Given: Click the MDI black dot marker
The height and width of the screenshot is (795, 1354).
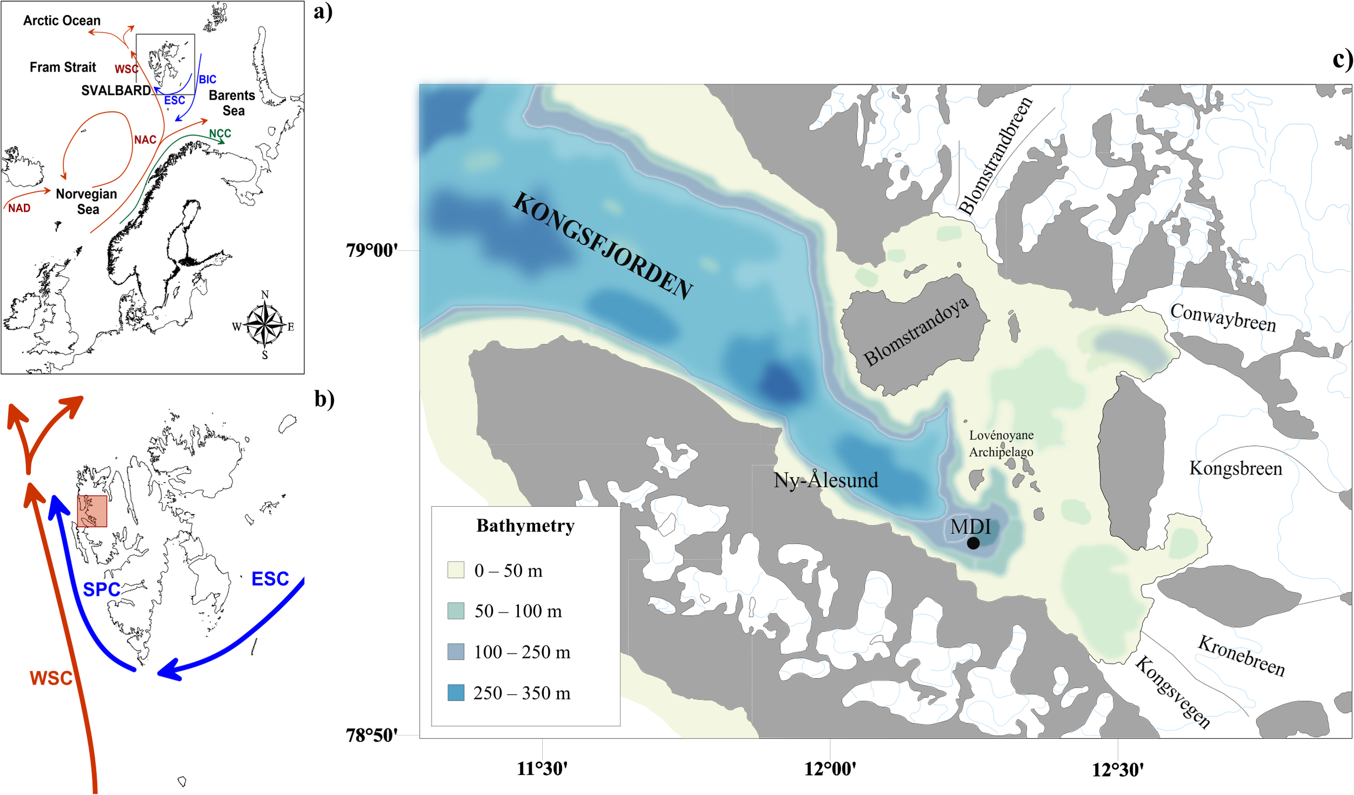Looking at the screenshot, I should click(x=973, y=542).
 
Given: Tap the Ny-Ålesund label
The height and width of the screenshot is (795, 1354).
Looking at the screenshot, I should click(x=825, y=480).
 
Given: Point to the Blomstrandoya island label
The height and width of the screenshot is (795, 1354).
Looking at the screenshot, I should click(x=916, y=331).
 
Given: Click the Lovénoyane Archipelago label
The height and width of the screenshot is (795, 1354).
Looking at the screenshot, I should click(x=1001, y=443).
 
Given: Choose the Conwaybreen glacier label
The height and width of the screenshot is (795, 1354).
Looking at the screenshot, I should click(x=1223, y=318).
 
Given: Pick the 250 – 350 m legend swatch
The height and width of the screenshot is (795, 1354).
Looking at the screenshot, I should click(x=455, y=693).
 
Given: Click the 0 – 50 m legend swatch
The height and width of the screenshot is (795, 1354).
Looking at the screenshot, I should click(x=455, y=570).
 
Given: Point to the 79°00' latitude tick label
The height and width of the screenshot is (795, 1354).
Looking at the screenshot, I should click(x=372, y=250).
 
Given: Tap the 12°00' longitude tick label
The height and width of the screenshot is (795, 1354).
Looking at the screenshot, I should click(x=830, y=769).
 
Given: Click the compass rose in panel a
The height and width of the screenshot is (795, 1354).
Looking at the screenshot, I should click(x=264, y=325).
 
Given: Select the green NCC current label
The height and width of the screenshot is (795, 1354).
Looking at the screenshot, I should click(x=220, y=133).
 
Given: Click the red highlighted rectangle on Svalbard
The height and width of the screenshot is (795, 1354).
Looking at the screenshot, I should click(x=92, y=511).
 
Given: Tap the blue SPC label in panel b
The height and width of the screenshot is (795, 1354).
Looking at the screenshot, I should click(x=101, y=589).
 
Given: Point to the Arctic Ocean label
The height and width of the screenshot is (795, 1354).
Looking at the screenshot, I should click(x=62, y=21).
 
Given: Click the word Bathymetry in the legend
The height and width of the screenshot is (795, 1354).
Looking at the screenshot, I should click(x=525, y=526).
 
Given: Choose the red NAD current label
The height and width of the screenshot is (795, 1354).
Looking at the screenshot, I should click(x=19, y=208).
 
